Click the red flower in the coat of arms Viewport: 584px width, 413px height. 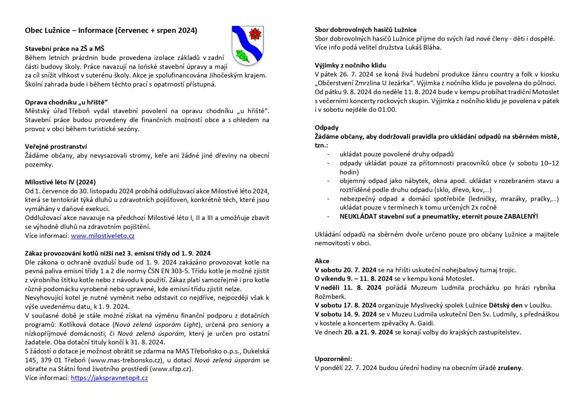(255, 34)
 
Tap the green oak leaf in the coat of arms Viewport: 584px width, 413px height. (242, 56)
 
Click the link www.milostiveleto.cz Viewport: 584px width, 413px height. (103, 236)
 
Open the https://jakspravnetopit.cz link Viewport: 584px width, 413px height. (109, 378)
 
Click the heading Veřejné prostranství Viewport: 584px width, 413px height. (56, 146)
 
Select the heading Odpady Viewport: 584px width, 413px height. (327, 127)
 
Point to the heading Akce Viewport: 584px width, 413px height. (322, 261)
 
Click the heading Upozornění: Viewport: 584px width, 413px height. (334, 359)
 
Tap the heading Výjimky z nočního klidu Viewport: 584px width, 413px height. (350, 65)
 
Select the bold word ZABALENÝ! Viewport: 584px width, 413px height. (521, 216)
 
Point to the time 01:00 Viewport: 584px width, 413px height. (387, 110)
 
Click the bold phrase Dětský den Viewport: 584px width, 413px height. (506, 305)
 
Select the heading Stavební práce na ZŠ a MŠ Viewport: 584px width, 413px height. (65, 48)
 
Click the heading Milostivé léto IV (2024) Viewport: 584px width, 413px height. (60, 182)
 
